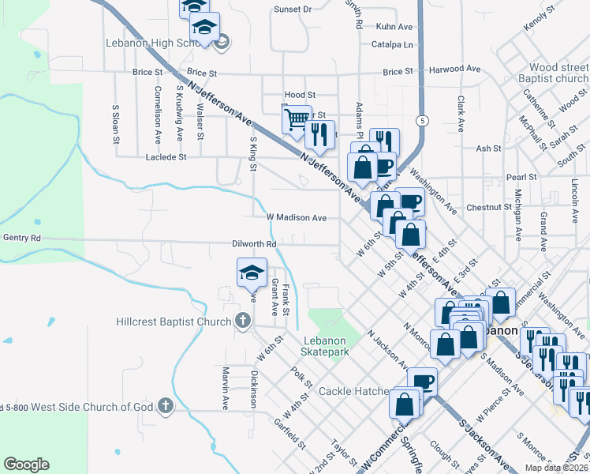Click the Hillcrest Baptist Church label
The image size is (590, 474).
click(173, 321)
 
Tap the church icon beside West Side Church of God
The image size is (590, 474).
click(165, 406)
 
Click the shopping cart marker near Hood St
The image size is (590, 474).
click(297, 119)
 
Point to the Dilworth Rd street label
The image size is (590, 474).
click(254, 244)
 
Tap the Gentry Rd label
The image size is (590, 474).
click(21, 237)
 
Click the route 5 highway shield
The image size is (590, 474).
click(424, 120)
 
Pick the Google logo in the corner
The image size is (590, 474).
click(26, 465)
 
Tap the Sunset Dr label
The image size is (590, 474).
click(293, 9)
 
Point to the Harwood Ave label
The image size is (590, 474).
click(455, 70)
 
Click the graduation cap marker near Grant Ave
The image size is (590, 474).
click(252, 273)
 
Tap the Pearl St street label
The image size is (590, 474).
click(521, 177)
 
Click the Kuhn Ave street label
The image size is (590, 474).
click(394, 26)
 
